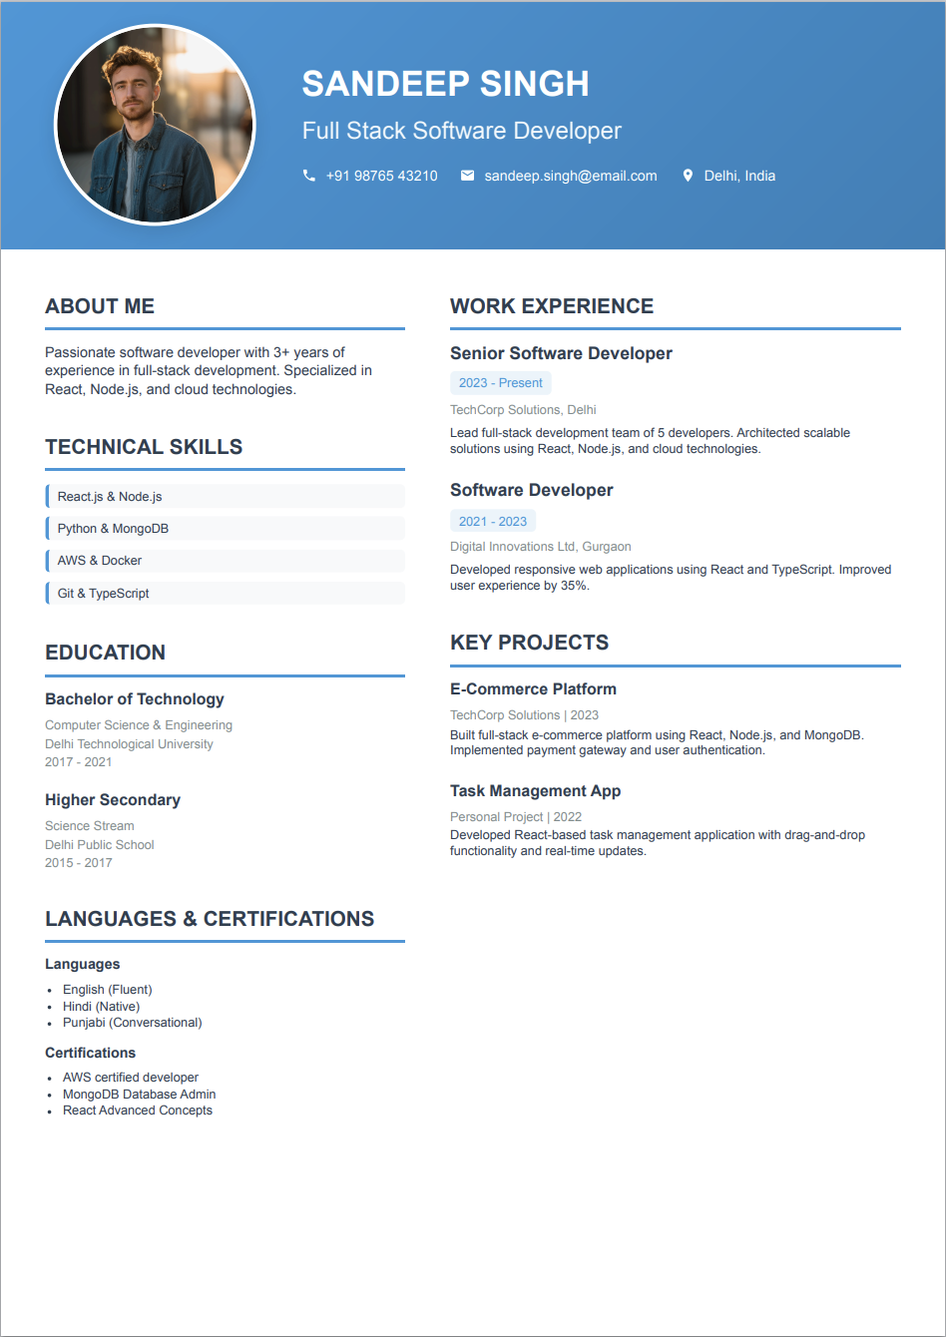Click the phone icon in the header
(x=309, y=176)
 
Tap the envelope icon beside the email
(x=467, y=176)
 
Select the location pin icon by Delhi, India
(x=688, y=176)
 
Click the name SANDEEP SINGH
(x=445, y=84)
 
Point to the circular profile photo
(x=155, y=125)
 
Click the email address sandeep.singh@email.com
(x=571, y=176)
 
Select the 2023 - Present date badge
(x=500, y=383)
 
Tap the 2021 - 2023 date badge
(x=493, y=521)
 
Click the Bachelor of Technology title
(x=135, y=699)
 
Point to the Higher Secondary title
(x=113, y=800)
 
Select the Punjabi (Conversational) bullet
(x=132, y=1023)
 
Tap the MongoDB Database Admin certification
(x=139, y=1095)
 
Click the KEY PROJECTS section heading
(x=529, y=643)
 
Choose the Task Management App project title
(x=535, y=791)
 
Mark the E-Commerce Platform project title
(x=533, y=689)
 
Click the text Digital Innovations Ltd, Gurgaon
(x=540, y=547)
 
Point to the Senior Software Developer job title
(x=561, y=353)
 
